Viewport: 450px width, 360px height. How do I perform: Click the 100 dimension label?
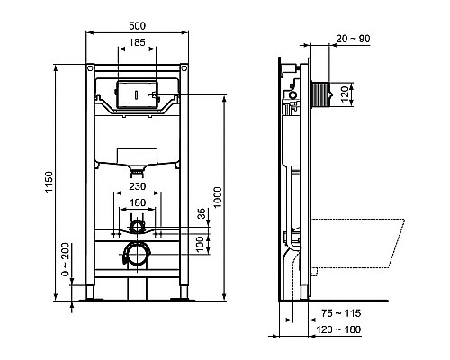click(202, 244)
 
